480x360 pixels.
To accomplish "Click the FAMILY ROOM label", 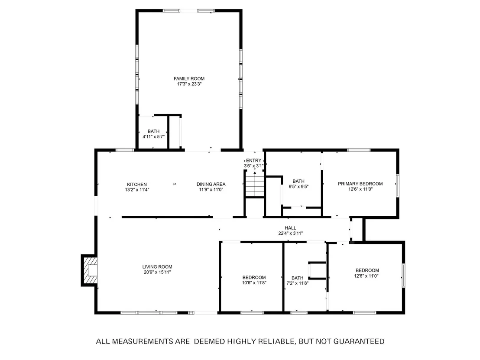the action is coord(189,79).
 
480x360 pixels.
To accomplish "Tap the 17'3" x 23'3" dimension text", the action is coord(189,84).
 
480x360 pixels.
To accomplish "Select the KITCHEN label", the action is coord(137,185).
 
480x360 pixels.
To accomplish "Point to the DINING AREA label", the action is coord(211,184).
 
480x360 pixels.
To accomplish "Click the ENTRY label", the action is coord(254,160).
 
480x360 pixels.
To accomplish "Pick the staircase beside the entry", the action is coord(255,184).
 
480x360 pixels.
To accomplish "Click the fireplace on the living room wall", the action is coord(89,270).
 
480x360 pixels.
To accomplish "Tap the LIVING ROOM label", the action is coord(157,267).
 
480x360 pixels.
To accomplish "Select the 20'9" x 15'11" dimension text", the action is coord(157,272).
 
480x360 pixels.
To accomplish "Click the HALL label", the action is coord(291,228).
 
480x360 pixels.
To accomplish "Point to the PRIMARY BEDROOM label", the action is coord(360,184).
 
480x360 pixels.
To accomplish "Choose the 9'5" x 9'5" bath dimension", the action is coord(298,186).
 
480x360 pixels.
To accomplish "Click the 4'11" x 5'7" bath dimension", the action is coord(154,136).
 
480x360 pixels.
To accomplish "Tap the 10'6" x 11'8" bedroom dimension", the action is coord(254,283).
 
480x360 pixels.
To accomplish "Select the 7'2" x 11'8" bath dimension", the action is coord(297,283).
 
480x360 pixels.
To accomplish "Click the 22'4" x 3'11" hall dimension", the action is coord(291,233).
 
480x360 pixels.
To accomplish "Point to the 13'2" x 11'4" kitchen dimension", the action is coord(137,190).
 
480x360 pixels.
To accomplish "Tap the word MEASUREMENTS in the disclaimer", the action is coord(151,341).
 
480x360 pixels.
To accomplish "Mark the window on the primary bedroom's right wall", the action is coord(398,185).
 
